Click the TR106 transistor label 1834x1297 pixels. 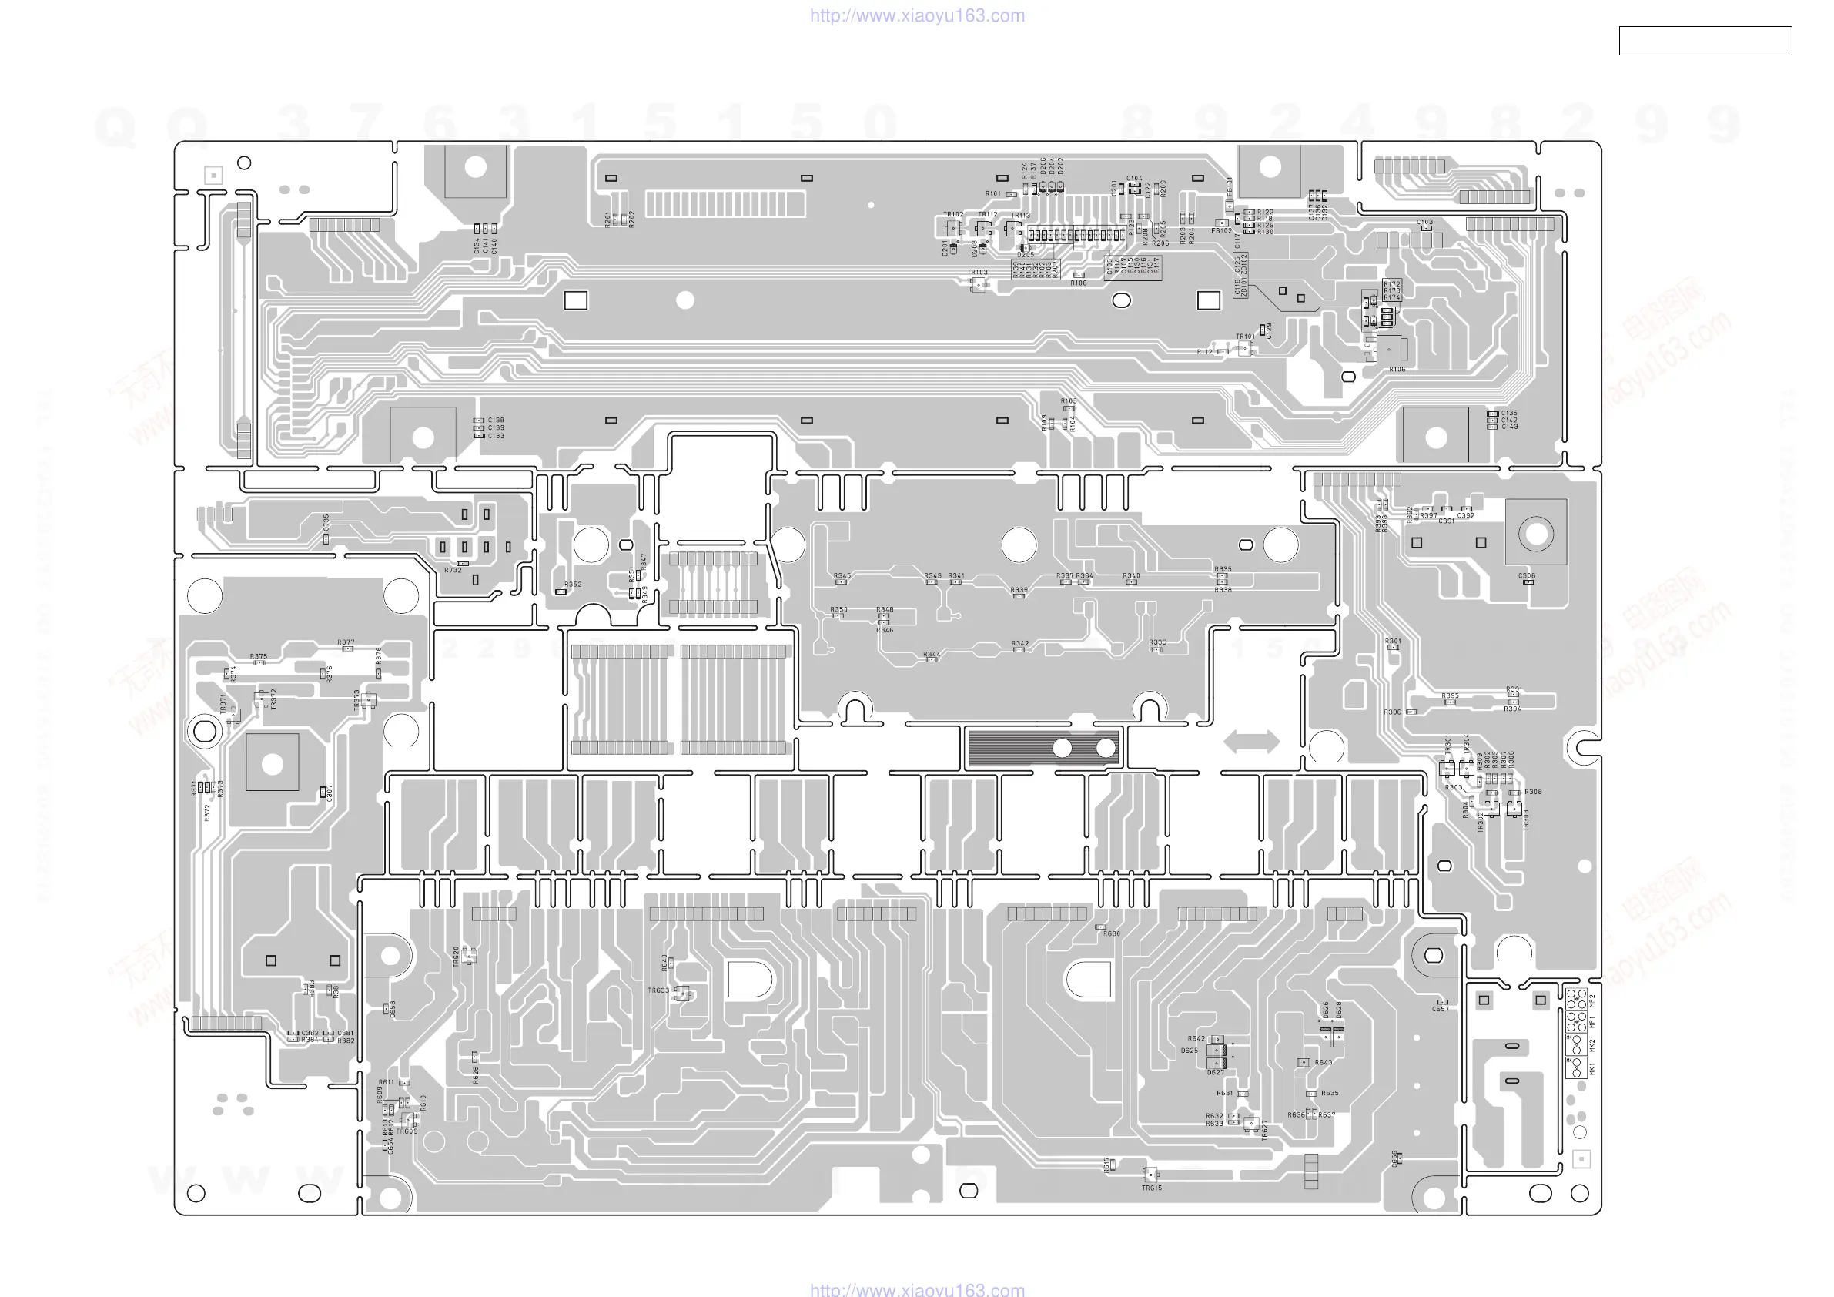click(1394, 369)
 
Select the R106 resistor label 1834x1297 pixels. click(1079, 283)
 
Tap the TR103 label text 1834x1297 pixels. click(978, 273)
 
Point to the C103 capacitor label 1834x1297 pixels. click(1425, 222)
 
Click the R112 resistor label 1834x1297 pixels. click(1204, 352)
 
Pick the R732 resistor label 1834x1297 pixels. click(453, 571)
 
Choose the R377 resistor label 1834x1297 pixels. click(346, 642)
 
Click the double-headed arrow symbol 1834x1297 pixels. click(1252, 742)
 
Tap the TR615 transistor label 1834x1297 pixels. click(1152, 1188)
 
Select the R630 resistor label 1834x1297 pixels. click(1112, 933)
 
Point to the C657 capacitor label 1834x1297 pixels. click(1441, 1009)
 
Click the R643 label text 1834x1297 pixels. click(1324, 1063)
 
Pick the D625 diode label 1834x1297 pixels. click(1190, 1051)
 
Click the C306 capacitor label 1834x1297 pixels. click(1527, 575)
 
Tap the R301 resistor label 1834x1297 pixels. click(1393, 641)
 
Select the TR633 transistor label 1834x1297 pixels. click(658, 991)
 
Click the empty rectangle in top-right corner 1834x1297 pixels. click(1705, 41)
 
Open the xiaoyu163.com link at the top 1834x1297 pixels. click(917, 15)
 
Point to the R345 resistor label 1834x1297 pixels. click(842, 575)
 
